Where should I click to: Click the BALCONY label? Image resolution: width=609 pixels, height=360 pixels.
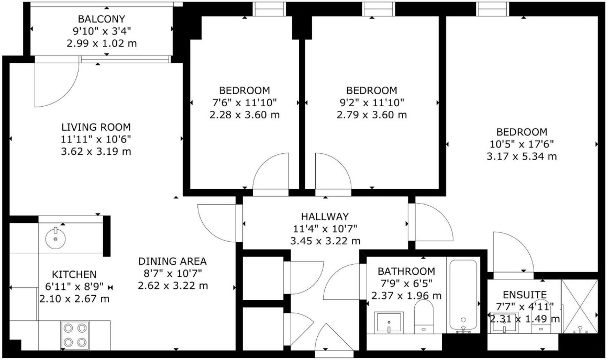[102, 19]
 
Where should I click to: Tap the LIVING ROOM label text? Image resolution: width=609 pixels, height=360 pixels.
[96, 127]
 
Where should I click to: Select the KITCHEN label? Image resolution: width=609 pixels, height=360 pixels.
[74, 274]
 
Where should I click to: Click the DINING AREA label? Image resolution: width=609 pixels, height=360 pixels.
[172, 261]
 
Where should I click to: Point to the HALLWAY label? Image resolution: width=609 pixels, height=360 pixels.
[325, 217]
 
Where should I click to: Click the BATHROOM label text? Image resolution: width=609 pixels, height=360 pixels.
[406, 271]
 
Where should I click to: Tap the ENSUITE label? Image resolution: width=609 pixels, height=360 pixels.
[525, 295]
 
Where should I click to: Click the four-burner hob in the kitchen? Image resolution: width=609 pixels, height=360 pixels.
[74, 335]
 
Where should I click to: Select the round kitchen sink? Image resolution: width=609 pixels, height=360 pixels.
[56, 238]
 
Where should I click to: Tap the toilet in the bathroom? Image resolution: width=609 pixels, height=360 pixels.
[423, 317]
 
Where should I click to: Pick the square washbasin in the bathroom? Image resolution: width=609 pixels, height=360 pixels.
[389, 322]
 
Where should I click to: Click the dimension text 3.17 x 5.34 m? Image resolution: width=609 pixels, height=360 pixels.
[522, 156]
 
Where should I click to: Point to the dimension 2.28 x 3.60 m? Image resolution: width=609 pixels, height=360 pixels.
[245, 115]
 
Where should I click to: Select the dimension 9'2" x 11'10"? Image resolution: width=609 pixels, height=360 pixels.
[372, 103]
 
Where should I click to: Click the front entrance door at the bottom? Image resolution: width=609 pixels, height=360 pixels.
[335, 340]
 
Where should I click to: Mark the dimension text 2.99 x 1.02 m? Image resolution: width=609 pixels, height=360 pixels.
[102, 43]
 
